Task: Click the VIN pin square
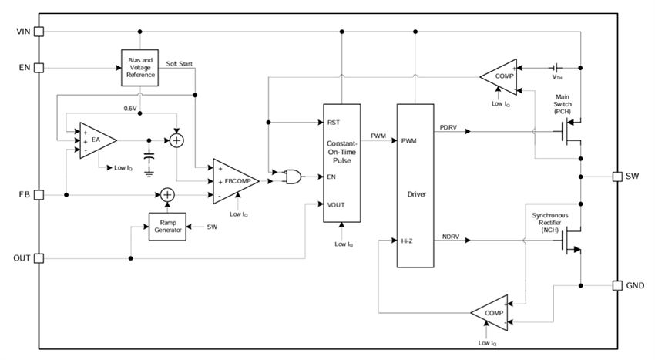[39, 32]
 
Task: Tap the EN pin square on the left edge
[39, 68]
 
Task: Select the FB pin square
[39, 195]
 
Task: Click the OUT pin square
[39, 257]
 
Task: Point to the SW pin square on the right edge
[617, 177]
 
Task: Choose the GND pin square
[617, 285]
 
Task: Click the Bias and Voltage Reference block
[139, 68]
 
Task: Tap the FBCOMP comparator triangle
[235, 181]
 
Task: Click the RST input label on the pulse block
[333, 123]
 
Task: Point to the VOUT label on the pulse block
[337, 204]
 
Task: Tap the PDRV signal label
[449, 126]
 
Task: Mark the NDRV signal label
[449, 237]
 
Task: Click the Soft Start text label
[180, 63]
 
